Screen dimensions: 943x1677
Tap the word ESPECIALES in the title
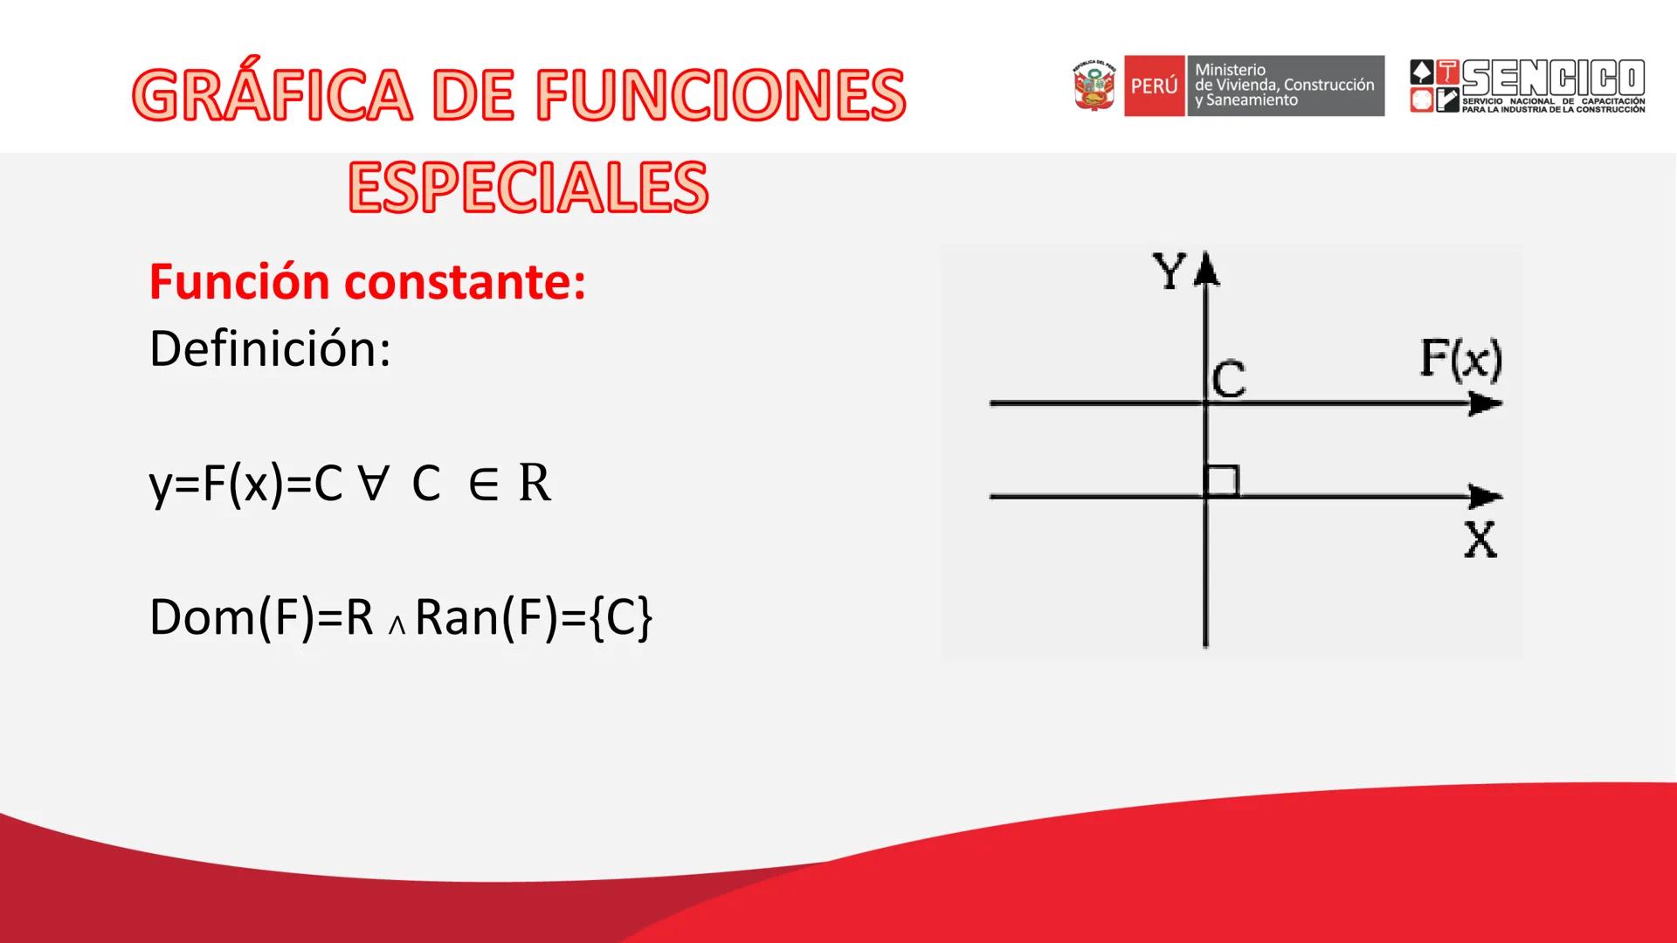point(528,187)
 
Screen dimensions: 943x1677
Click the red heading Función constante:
point(367,282)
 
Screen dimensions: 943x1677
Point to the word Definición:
point(270,348)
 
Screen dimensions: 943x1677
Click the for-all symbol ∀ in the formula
point(372,483)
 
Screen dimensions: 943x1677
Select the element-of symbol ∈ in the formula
point(483,483)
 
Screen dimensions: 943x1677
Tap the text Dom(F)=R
point(261,617)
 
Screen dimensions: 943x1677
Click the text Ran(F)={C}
point(533,617)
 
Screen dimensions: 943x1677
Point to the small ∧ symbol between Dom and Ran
point(397,625)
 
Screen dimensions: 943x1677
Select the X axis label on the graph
point(1480,540)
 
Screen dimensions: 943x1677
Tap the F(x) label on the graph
point(1460,359)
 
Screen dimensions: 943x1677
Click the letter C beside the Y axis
point(1229,380)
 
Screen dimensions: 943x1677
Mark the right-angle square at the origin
point(1221,481)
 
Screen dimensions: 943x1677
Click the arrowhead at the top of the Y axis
point(1206,268)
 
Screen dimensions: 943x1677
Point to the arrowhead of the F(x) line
point(1485,403)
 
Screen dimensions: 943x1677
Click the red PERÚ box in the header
point(1154,86)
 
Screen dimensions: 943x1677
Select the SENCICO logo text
point(1552,79)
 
